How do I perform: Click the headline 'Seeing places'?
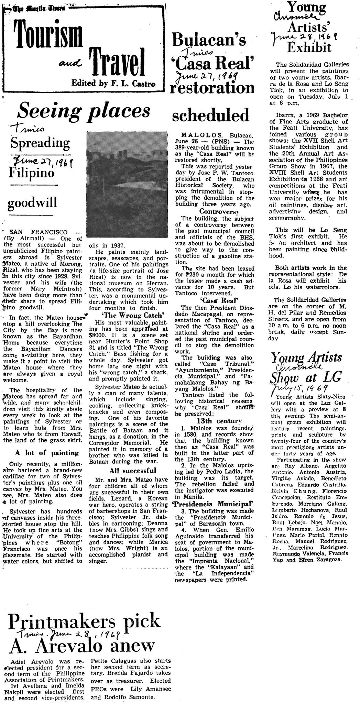[84, 111]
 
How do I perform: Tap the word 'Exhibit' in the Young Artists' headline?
[309, 47]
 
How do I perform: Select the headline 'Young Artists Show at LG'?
[305, 367]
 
